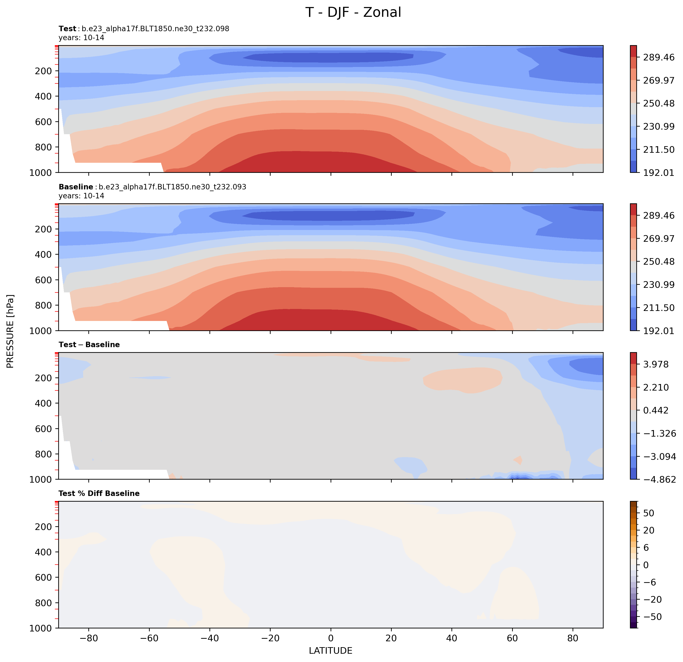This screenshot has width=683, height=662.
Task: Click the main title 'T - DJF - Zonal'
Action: pos(353,12)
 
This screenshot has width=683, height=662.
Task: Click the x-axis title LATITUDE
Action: pos(330,650)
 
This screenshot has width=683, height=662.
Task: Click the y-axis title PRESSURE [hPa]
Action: pos(10,331)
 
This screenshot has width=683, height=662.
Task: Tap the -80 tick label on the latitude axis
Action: pos(89,638)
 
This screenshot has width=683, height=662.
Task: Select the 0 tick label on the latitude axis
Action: pos(331,638)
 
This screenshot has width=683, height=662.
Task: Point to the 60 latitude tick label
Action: pos(512,638)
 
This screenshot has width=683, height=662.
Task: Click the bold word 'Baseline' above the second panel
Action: pos(76,187)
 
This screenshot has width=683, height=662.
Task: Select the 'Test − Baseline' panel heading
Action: pos(89,345)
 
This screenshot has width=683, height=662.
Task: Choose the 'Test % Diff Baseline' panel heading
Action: pos(99,493)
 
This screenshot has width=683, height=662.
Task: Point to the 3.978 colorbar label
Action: pos(656,364)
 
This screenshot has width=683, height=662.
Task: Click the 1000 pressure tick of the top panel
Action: pos(41,172)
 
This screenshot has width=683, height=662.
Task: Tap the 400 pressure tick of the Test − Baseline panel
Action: pos(44,403)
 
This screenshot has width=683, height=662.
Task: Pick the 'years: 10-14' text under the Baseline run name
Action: pos(81,196)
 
